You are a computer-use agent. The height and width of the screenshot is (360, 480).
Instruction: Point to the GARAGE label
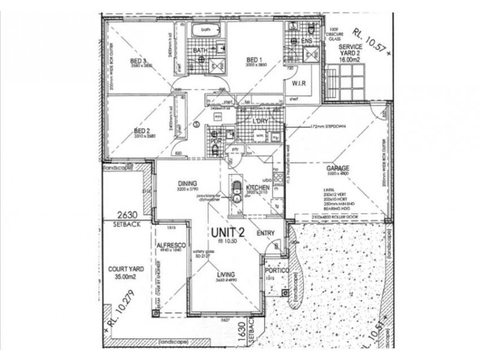click(x=338, y=169)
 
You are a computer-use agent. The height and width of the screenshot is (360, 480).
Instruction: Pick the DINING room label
click(x=188, y=184)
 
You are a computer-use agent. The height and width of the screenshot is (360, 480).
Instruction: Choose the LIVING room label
click(x=226, y=275)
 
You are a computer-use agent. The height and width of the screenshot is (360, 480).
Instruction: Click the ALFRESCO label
click(x=169, y=245)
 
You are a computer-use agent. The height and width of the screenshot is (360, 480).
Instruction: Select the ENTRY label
click(x=266, y=233)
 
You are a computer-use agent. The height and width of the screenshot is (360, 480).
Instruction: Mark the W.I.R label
click(x=299, y=83)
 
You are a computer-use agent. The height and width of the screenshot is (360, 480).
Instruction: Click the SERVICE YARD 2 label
click(x=350, y=49)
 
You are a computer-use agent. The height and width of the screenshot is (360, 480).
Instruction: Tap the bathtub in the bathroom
click(x=206, y=29)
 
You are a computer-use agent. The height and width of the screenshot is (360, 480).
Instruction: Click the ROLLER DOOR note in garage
click(x=340, y=217)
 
